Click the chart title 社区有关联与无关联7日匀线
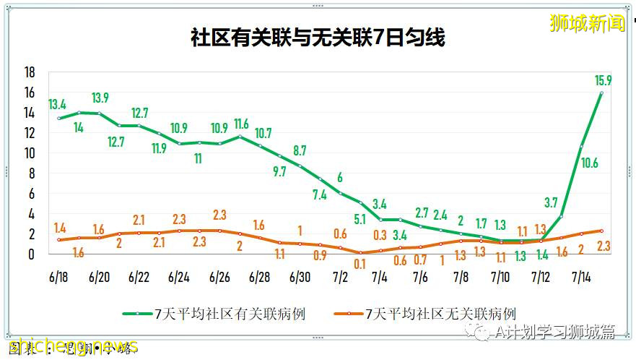(318, 38)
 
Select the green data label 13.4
(58, 103)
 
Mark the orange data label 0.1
(360, 265)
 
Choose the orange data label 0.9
(319, 255)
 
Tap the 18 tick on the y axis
(30, 72)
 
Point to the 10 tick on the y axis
(30, 153)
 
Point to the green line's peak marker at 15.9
(601, 93)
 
